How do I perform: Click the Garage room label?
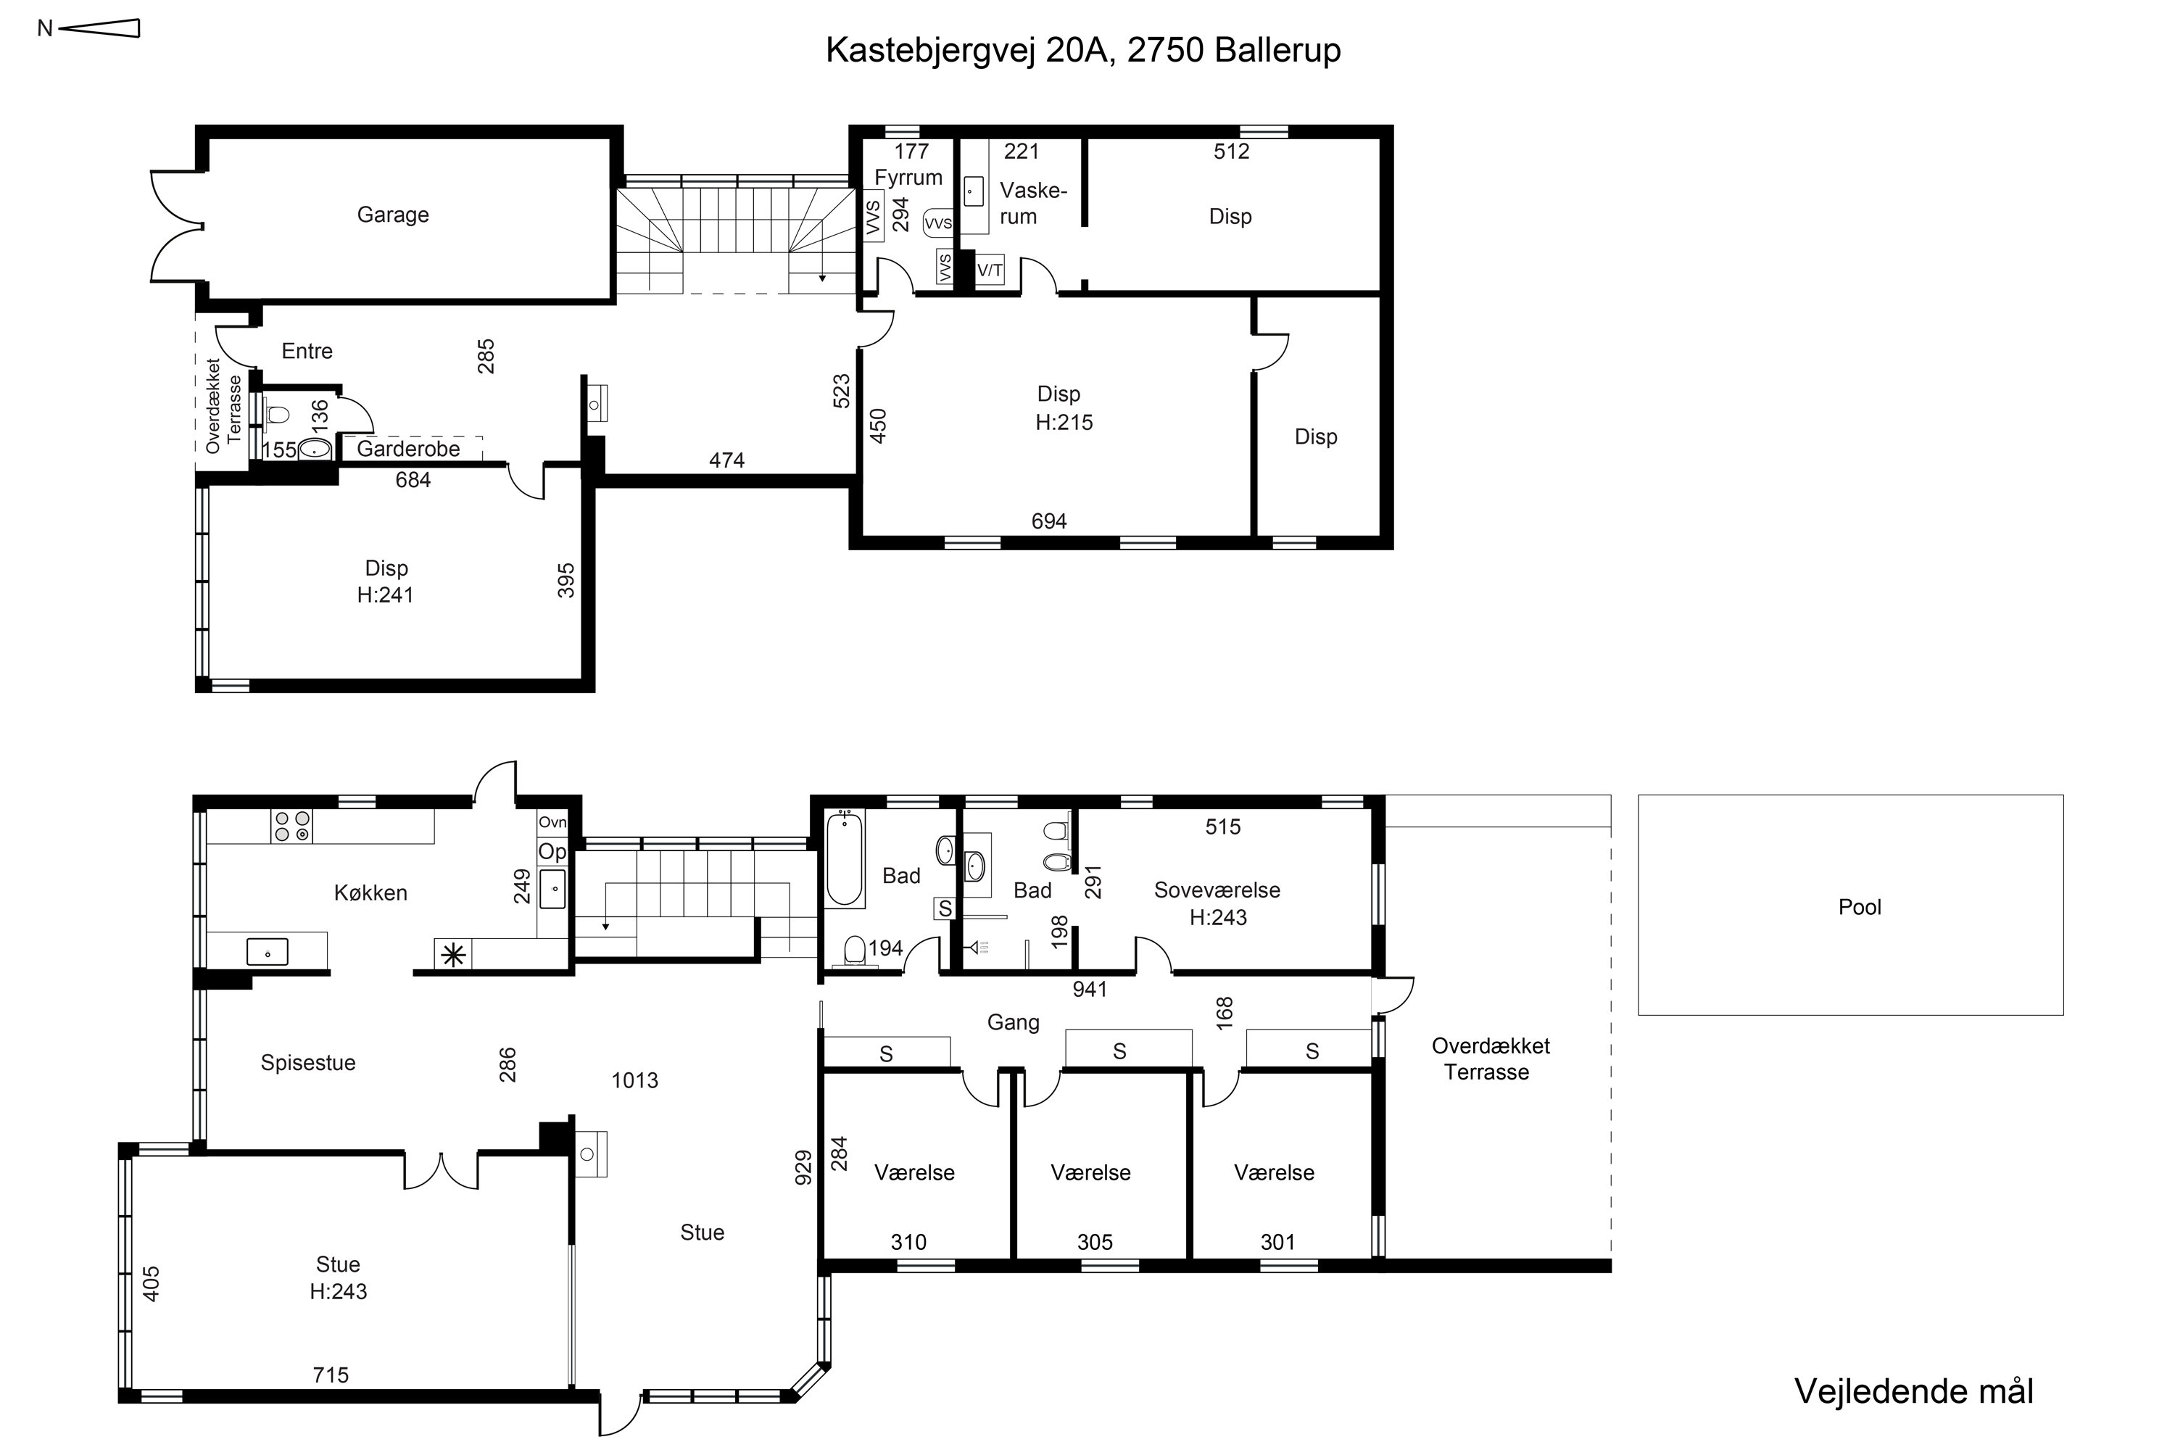393,215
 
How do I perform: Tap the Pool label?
1860,907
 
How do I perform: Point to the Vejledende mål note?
1914,1392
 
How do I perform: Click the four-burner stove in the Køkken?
291,826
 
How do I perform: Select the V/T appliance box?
990,270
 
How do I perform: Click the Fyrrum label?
908,178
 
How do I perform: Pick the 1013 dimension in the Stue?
634,1080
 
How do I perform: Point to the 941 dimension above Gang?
1090,990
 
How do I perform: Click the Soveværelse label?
1217,890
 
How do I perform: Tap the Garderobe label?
407,449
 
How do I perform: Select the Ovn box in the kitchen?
552,822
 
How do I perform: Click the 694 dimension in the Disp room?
1048,521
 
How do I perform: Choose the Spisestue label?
308,1064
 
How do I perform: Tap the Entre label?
307,352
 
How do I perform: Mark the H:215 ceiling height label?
1064,423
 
